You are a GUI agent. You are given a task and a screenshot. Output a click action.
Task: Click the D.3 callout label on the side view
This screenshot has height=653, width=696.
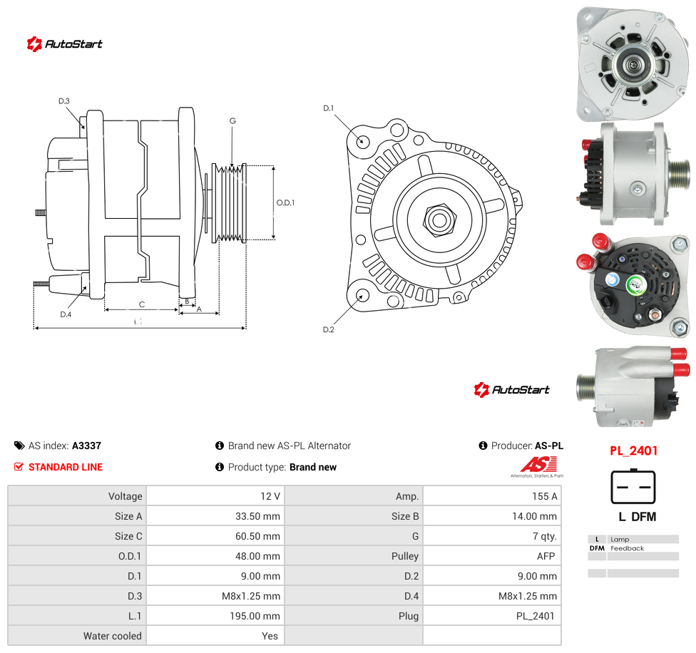click(64, 101)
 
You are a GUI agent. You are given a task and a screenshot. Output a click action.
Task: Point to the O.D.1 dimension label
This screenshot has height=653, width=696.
click(285, 202)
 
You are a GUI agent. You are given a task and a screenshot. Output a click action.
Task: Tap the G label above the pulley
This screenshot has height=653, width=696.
click(232, 120)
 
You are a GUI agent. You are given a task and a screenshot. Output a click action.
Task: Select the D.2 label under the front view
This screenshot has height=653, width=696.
click(329, 329)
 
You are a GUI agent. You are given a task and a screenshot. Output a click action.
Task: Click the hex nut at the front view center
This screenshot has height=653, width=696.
click(439, 219)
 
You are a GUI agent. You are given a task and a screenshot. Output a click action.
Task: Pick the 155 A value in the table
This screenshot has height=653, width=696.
click(545, 496)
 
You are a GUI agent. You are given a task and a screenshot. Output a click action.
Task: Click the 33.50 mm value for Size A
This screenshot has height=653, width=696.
click(257, 516)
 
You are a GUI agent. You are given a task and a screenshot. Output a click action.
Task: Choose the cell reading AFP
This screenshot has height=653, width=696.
click(546, 556)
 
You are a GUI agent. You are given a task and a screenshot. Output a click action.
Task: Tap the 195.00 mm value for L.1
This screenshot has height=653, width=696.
click(255, 616)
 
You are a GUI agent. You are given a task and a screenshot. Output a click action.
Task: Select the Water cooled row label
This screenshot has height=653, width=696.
click(112, 636)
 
